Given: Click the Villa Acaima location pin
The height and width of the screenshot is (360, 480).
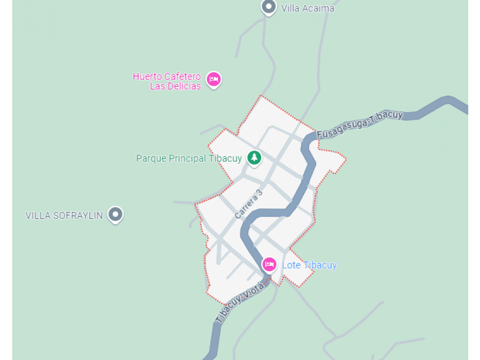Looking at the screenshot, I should pos(268,7).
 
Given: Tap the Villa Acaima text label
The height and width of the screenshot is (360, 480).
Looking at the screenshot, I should pos(307,8).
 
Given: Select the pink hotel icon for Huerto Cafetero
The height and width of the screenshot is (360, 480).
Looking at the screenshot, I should pos(213,79).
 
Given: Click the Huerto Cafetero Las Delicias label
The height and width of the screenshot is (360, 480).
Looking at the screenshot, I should pos(167,81).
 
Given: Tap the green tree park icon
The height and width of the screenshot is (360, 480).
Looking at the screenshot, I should pos(254,157).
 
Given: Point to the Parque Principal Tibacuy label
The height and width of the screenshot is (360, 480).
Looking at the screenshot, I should pos(189,158).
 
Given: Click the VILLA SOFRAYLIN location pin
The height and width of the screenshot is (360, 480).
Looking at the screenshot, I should pos(115,214).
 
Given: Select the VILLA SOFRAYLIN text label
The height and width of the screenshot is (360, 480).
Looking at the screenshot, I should pos(64,215).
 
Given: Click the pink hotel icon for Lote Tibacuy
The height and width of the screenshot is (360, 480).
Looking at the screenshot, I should pos(269,264).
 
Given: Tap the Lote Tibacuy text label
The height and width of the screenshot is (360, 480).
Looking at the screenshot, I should pos(309,265).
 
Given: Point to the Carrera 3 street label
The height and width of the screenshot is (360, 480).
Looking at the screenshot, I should pos(249,204).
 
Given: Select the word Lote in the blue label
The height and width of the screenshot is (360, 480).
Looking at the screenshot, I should pos(291,265).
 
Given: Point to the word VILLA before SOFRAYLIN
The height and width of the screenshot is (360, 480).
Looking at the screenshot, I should pos(37,215).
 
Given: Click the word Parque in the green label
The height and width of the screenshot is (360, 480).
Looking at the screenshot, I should pos(151,158).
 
